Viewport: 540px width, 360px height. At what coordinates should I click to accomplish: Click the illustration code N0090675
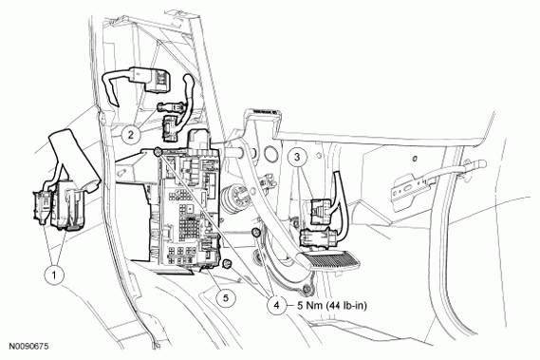point(30,350)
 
